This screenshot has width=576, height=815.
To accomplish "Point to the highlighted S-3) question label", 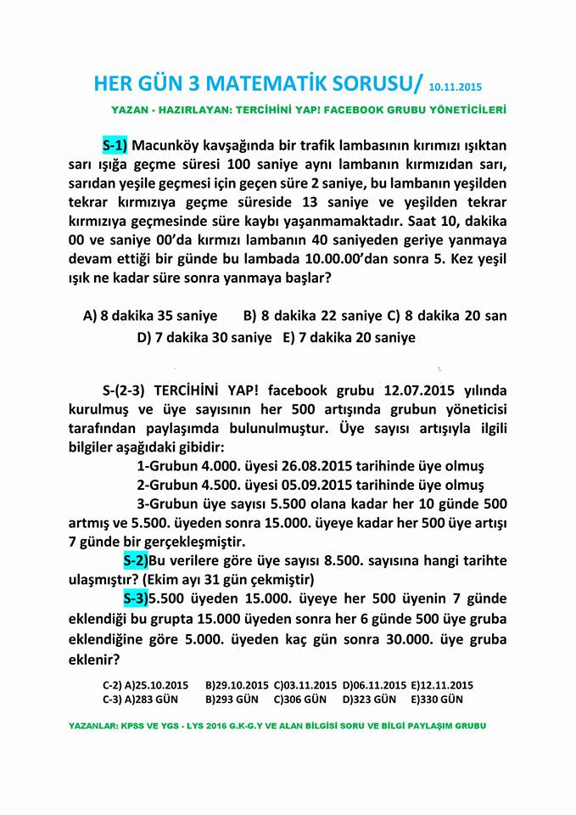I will pyautogui.click(x=136, y=599).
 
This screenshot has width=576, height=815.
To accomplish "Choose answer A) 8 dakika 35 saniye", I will pyautogui.click(x=150, y=316).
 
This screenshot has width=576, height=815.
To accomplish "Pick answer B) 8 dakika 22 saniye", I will pyautogui.click(x=312, y=316).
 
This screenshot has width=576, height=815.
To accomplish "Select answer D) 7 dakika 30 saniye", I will pyautogui.click(x=204, y=337).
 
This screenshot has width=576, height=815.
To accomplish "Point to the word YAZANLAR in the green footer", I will pyautogui.click(x=92, y=728).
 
